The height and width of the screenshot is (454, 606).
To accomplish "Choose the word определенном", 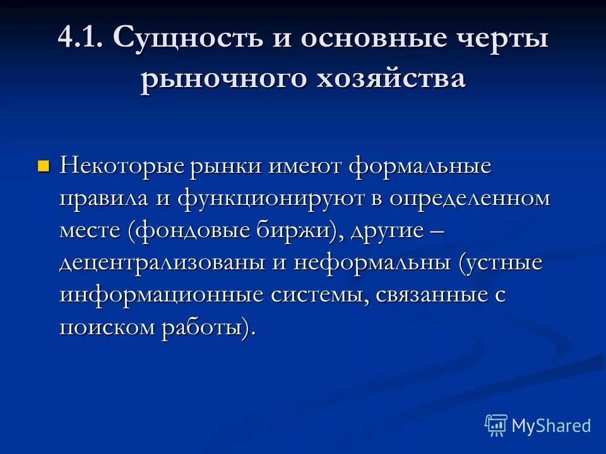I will click(470, 199).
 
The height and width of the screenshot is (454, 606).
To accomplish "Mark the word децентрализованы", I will click(163, 263).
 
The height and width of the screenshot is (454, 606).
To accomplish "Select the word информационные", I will click(162, 295).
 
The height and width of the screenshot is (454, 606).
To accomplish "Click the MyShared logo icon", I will click(496, 426).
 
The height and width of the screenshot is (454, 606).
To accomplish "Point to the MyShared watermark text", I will click(551, 426).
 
